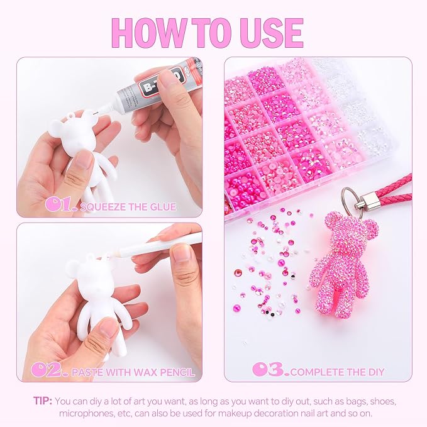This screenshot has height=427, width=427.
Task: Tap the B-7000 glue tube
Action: (x=157, y=86)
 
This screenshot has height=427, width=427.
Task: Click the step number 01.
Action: (x=61, y=205)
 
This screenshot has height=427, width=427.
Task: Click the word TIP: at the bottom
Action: (x=43, y=401)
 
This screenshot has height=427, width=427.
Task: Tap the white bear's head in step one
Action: (x=72, y=128)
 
